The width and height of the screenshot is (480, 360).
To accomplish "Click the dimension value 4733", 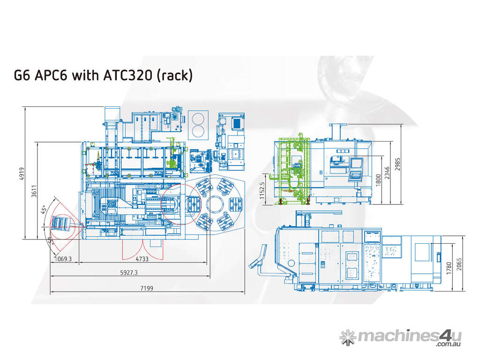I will [142, 259].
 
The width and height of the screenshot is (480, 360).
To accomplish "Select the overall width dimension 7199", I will [146, 288].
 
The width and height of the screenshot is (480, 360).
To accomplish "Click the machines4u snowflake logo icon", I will [348, 337].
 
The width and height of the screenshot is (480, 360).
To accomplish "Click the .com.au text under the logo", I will [449, 345].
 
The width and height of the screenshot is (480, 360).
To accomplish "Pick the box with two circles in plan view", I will [198, 124].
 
